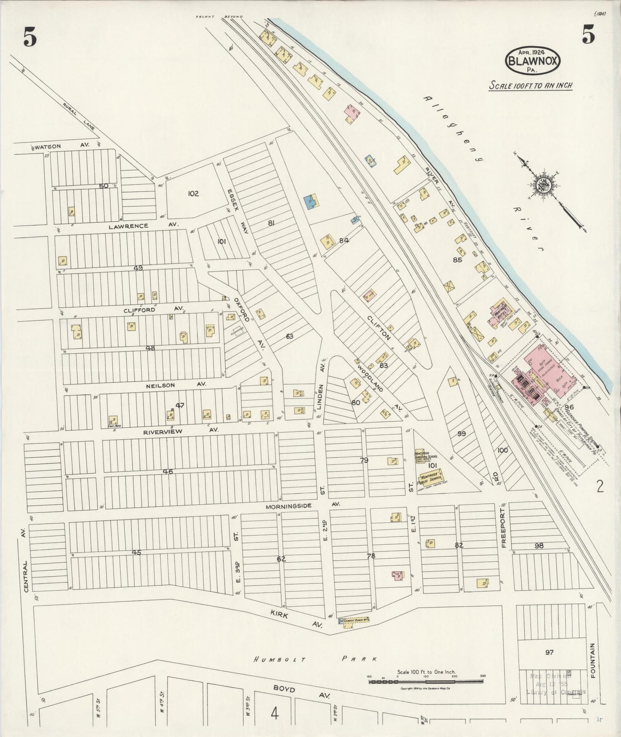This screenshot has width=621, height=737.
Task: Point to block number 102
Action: [193, 194]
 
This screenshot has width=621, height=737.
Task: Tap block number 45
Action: [136, 553]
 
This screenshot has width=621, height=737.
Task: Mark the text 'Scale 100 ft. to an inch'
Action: [531, 85]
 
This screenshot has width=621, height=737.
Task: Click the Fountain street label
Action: [593, 660]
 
